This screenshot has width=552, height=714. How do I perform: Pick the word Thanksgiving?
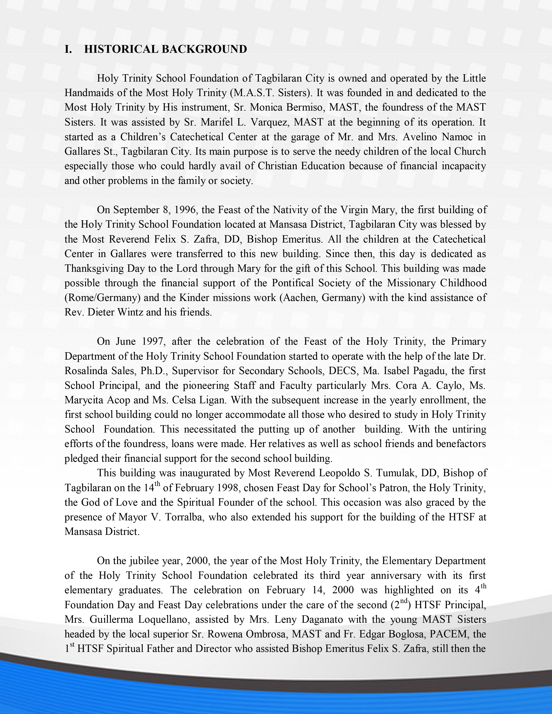[94, 269]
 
